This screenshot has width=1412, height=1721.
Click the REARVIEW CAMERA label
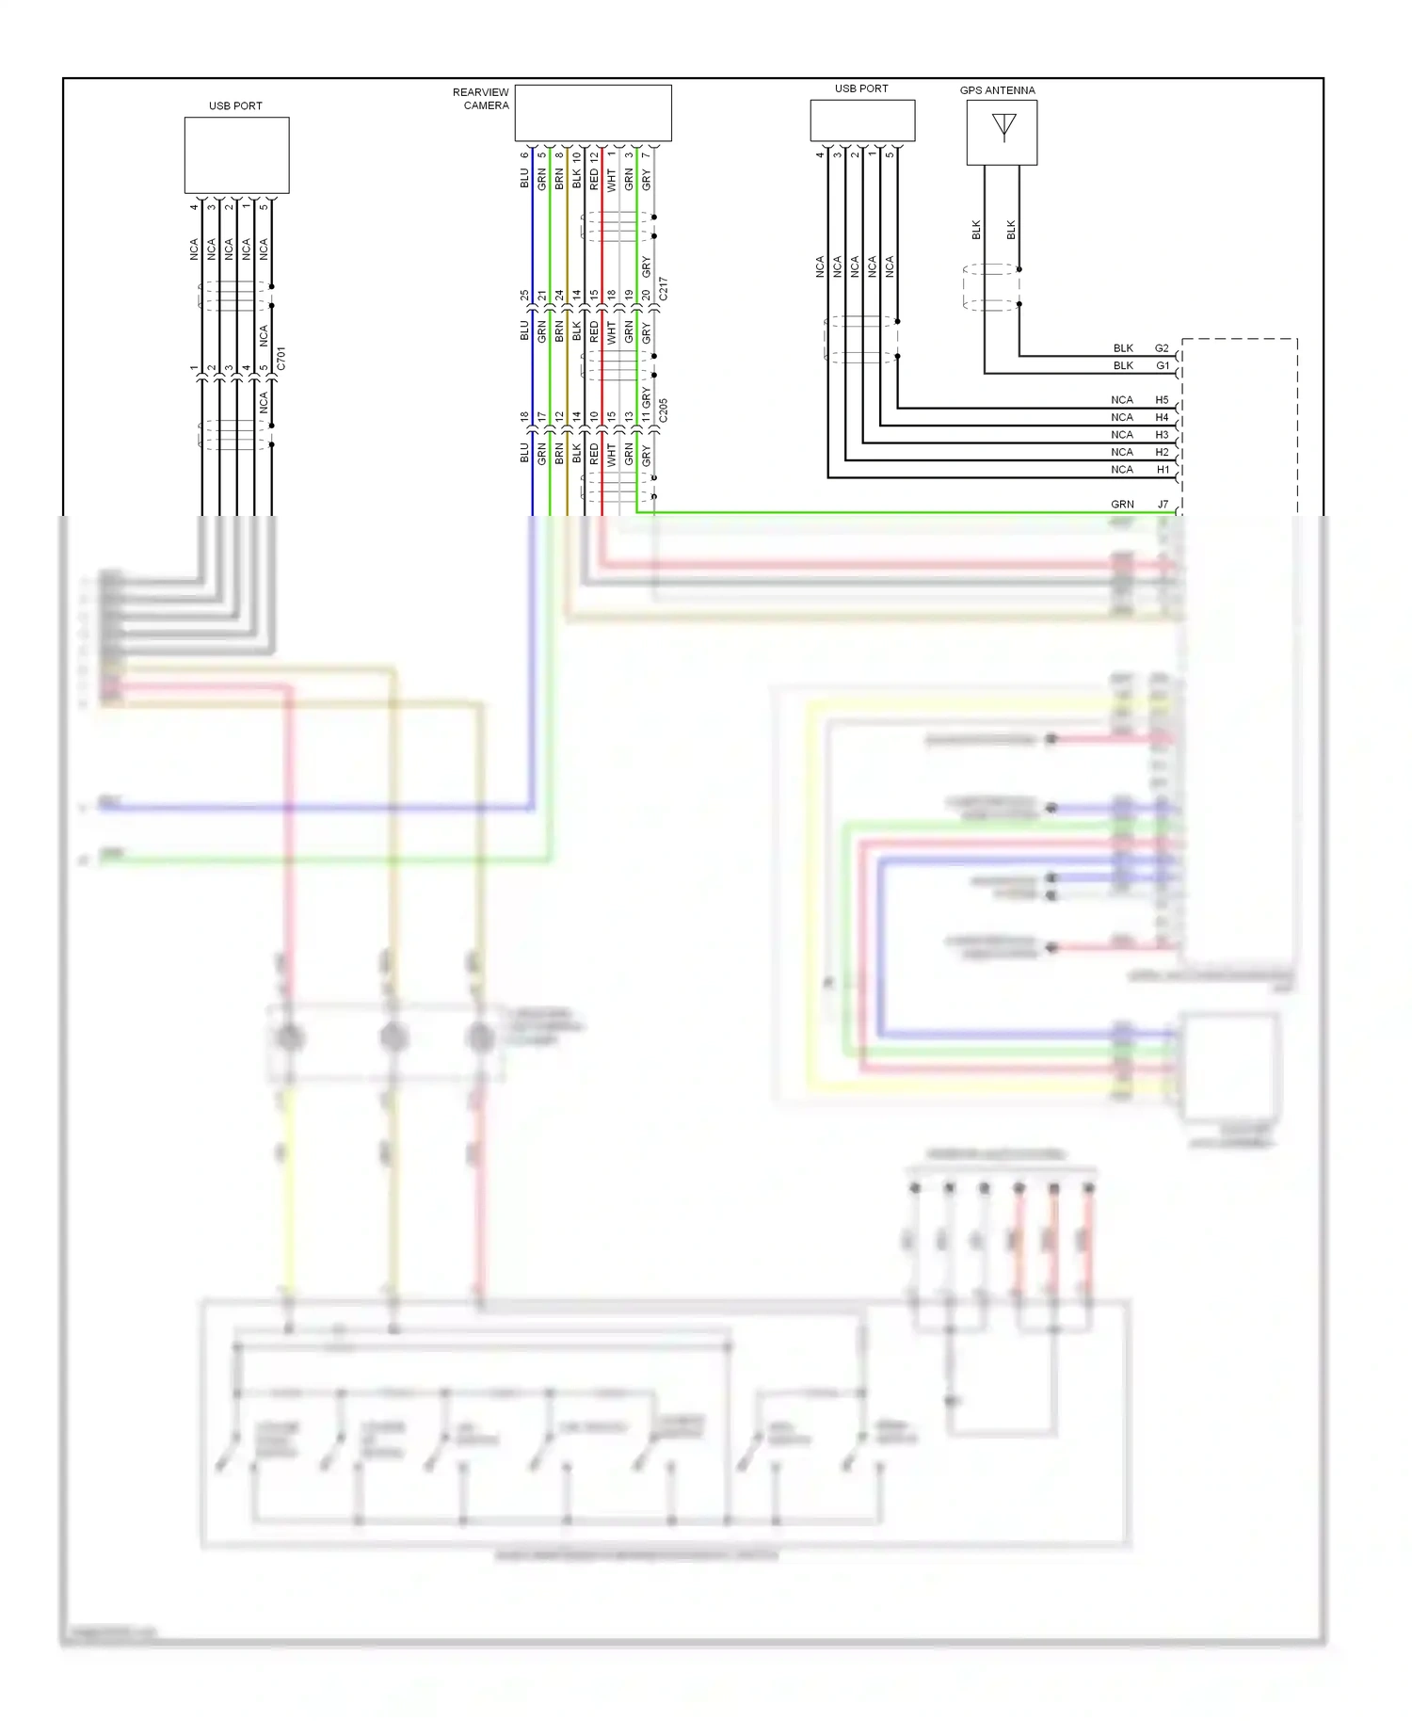(x=481, y=99)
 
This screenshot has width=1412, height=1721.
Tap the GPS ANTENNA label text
(x=997, y=90)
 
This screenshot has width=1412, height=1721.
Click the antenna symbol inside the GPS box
(x=1003, y=126)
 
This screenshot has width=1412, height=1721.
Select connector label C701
(x=281, y=359)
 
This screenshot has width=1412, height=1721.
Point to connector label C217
(x=664, y=289)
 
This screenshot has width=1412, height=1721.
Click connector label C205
(x=664, y=410)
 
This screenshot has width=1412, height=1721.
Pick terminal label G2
(x=1162, y=348)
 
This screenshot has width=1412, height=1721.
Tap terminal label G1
(x=1162, y=365)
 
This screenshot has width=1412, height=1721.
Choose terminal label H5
(x=1162, y=400)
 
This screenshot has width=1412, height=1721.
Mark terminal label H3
(x=1162, y=435)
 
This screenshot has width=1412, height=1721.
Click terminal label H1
(x=1162, y=470)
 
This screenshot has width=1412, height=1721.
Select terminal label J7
(x=1163, y=505)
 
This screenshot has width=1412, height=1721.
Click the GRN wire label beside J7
(x=1122, y=505)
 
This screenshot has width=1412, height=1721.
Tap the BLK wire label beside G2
(x=1123, y=348)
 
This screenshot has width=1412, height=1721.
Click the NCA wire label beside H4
(x=1121, y=418)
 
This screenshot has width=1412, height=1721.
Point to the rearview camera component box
(x=593, y=113)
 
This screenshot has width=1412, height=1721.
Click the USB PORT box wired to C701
(x=236, y=155)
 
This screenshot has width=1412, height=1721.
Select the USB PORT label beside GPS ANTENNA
(x=861, y=88)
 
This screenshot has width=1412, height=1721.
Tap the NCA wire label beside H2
(x=1121, y=453)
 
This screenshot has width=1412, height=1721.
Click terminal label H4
(x=1162, y=418)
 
